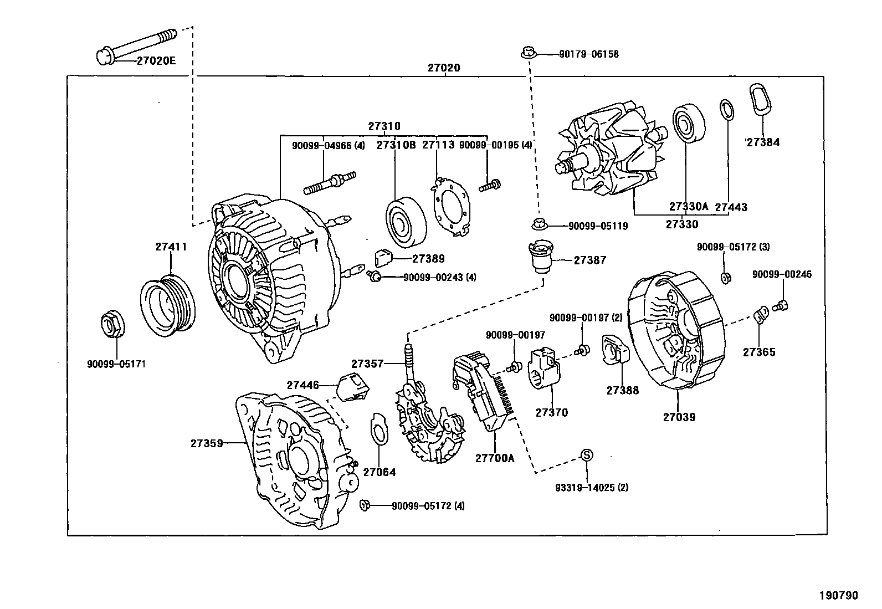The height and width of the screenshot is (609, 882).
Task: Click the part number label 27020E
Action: tap(156, 62)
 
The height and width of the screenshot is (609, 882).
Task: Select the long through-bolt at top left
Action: tap(136, 45)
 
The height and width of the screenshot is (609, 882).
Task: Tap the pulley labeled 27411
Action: tap(167, 306)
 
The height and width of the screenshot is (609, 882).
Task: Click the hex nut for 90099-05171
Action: tap(113, 325)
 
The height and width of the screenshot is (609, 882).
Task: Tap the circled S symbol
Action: tap(586, 455)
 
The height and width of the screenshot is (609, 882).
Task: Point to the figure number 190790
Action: tap(838, 595)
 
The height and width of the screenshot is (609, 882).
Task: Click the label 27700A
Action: tap(494, 458)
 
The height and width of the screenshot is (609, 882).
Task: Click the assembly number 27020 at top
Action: tap(444, 68)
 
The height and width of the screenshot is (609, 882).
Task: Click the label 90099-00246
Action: tap(781, 274)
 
